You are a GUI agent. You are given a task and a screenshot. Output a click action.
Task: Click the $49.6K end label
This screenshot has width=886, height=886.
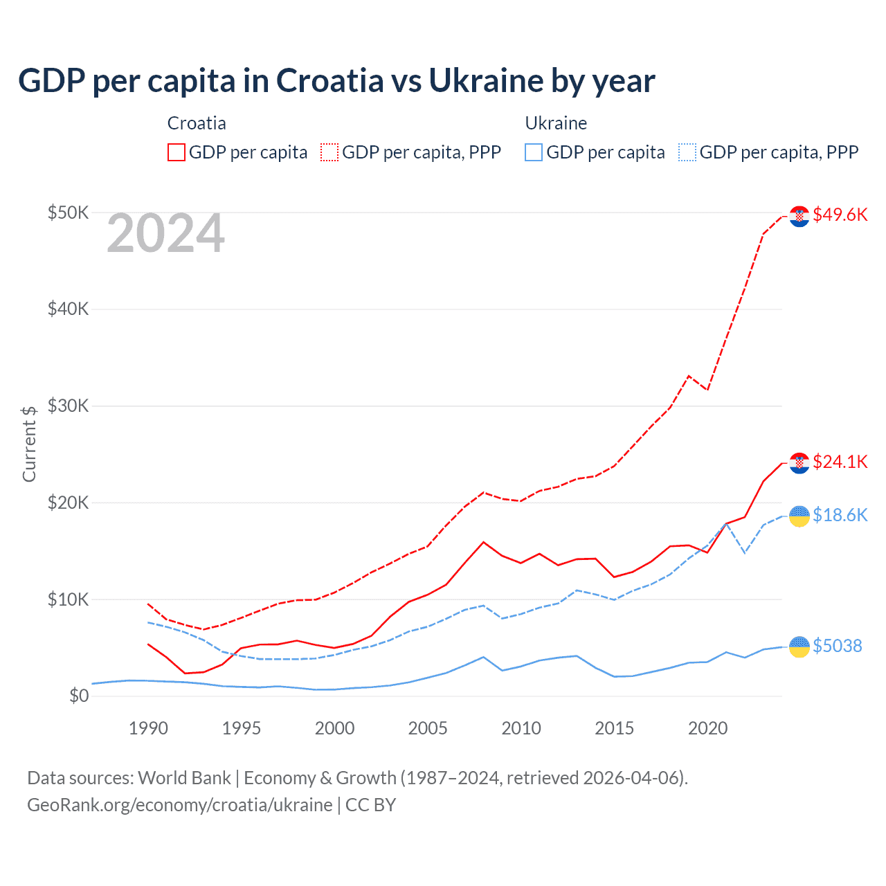tap(840, 215)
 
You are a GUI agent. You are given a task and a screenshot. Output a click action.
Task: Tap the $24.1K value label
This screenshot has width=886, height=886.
tap(840, 462)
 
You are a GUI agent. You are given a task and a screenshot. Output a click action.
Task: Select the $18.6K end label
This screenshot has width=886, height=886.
tap(840, 515)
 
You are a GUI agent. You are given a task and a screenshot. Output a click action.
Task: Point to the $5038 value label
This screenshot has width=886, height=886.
tap(837, 646)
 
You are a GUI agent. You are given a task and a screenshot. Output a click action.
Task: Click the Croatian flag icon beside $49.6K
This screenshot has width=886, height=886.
tap(799, 216)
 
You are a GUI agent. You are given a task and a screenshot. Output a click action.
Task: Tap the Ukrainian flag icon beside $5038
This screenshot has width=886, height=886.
tap(799, 647)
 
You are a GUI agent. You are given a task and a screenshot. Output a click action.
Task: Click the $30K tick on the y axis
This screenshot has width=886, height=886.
tap(68, 406)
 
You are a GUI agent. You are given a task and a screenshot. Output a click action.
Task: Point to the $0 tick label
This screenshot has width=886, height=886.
tap(79, 696)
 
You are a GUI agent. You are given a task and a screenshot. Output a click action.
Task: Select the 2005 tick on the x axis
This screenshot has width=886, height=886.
tap(428, 728)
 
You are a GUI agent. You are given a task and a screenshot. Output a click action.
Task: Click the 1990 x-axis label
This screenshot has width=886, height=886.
tap(148, 728)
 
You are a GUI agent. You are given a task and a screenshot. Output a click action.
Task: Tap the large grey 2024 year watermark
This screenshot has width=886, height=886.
tap(165, 234)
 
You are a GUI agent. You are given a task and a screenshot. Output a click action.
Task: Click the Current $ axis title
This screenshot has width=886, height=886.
tap(29, 444)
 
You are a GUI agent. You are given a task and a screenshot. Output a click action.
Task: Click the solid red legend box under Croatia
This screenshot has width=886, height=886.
tap(177, 152)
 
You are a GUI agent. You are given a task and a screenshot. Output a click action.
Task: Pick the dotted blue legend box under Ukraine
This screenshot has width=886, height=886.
tap(687, 152)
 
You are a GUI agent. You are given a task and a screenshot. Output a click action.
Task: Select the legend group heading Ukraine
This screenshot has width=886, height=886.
tap(556, 123)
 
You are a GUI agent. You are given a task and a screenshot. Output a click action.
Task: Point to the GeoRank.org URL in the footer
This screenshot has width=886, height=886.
tap(180, 805)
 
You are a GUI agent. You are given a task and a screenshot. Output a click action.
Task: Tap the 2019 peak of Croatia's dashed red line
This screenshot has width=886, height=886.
tap(689, 376)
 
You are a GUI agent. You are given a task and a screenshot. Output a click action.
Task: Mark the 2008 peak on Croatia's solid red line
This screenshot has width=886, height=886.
tap(483, 542)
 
